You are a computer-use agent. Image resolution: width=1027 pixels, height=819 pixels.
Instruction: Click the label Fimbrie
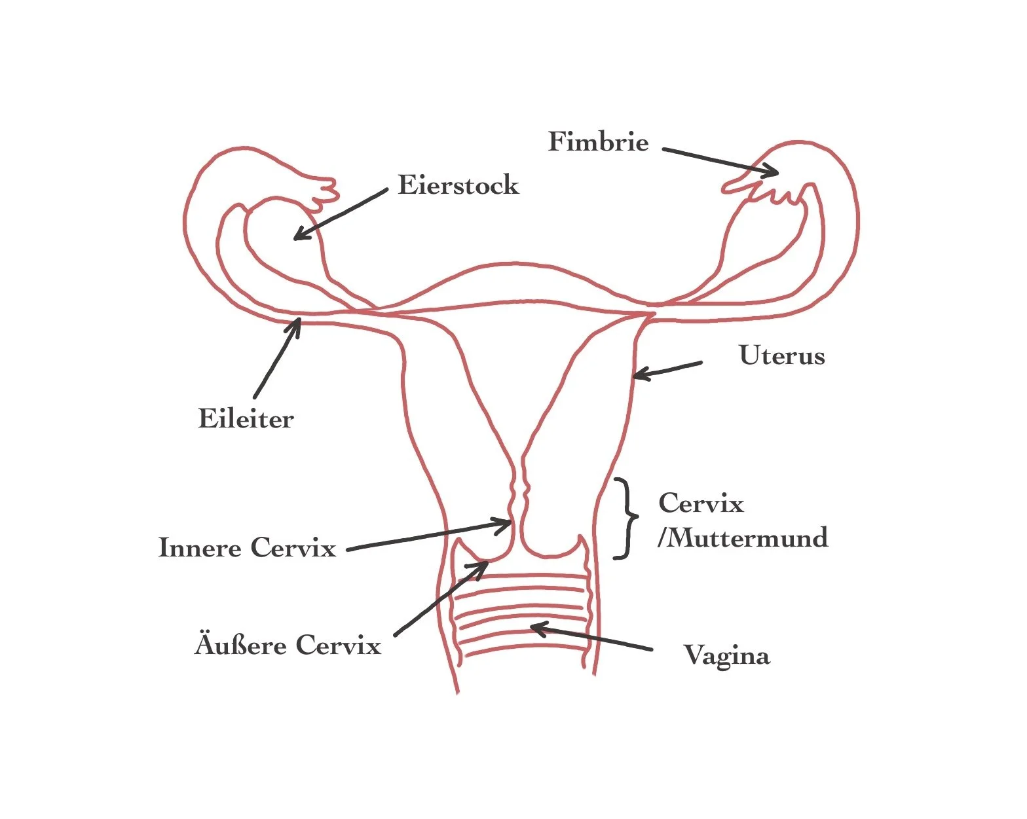[599, 141]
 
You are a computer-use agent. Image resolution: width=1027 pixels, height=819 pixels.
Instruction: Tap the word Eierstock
[458, 185]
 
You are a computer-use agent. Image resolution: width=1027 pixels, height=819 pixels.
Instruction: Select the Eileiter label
[246, 419]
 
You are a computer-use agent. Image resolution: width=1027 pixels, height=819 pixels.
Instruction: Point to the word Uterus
[782, 355]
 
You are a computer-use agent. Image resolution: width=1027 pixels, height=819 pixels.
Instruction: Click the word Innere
[200, 547]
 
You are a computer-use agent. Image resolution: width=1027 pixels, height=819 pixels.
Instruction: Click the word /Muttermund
[743, 537]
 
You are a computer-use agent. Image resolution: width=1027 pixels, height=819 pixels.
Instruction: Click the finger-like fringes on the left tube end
[324, 193]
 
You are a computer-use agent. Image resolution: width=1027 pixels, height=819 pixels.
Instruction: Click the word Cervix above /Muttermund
[701, 503]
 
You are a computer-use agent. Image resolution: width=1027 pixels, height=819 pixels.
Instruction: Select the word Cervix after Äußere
[339, 646]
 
